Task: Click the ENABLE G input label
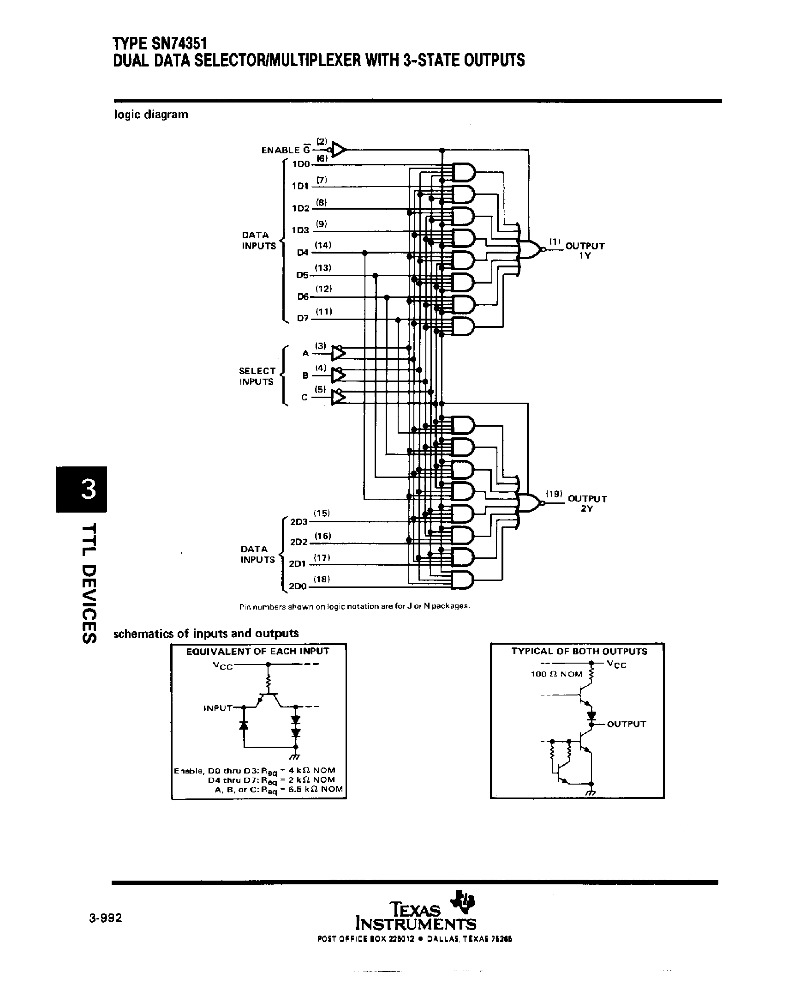pos(285,150)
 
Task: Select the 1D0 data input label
pos(301,164)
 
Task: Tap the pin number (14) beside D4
pos(323,245)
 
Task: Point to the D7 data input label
pos(303,318)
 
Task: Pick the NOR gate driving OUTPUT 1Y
pos(531,249)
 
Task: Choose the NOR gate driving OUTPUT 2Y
pos(531,502)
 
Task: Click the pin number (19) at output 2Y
pos(554,494)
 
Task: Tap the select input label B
pos(305,375)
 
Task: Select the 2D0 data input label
pos(298,586)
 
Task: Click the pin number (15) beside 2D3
pos(321,513)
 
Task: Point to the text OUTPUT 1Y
pos(585,250)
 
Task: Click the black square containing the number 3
pos(81,489)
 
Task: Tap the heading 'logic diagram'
pos(150,114)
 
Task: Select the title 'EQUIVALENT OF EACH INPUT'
pos(257,651)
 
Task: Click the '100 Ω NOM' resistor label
pos(556,674)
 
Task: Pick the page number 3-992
pos(105,918)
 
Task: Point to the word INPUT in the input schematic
pos(217,708)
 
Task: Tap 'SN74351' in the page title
pos(179,43)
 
